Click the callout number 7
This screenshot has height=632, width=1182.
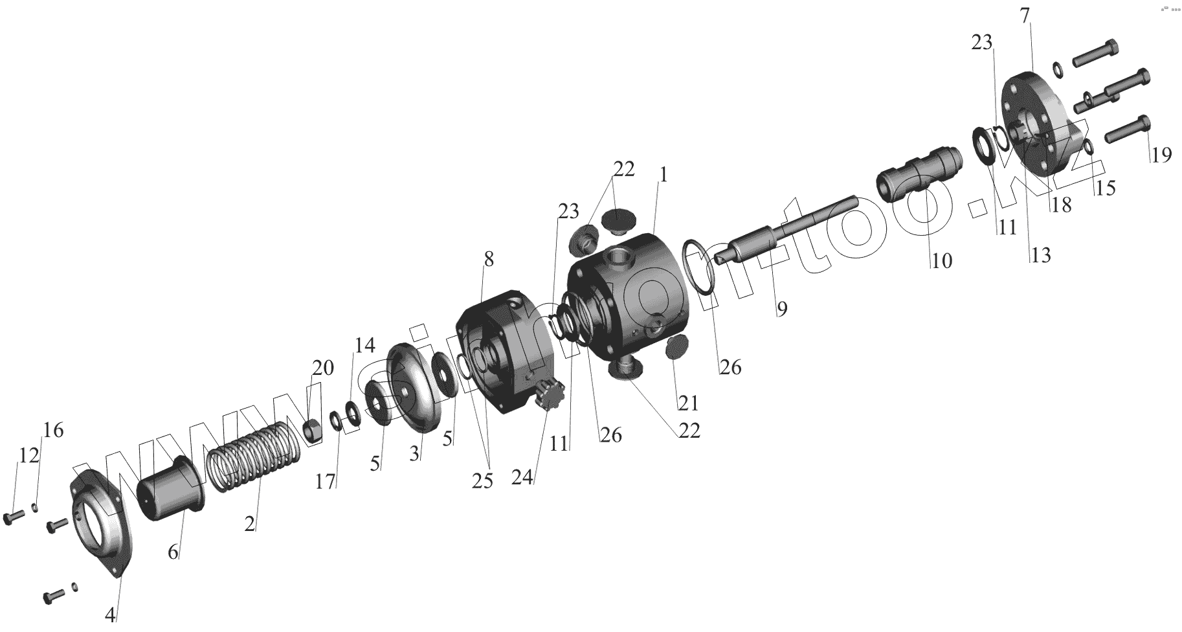[1025, 15]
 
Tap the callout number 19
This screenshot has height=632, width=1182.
[1161, 155]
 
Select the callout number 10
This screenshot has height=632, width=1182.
[942, 260]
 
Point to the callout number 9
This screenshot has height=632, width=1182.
[782, 309]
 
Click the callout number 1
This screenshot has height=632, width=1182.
[663, 175]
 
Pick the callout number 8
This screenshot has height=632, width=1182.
[489, 259]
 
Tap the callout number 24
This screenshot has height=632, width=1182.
[522, 477]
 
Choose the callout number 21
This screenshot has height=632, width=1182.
[688, 403]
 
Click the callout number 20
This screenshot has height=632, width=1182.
[323, 368]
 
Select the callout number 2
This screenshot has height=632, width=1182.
[250, 524]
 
